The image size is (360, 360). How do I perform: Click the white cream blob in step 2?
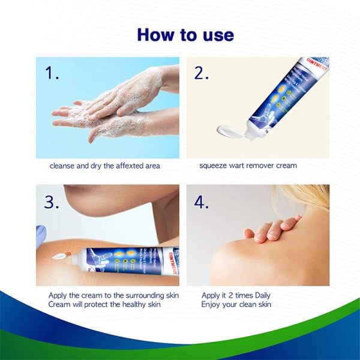tap(229, 128)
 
